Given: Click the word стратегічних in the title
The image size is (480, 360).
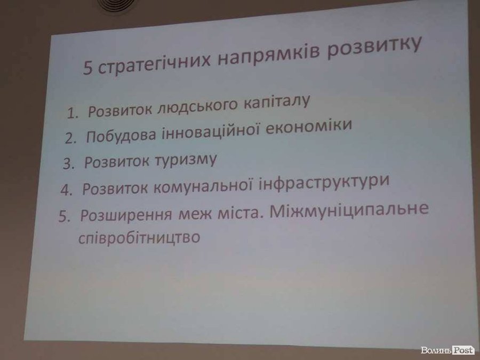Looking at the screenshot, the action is point(155,62).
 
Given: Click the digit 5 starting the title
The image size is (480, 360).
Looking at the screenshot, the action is point(87,68).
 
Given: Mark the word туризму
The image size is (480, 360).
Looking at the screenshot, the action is point(186,160).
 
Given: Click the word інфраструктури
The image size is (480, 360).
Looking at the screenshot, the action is point(324,182).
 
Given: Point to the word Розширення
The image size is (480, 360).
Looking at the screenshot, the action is point(126,215).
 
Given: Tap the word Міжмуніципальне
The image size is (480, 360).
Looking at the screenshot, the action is point(349,210).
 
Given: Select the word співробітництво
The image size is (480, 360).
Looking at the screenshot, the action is point(139,238).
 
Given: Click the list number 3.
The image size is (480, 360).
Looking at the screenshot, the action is point(69,164).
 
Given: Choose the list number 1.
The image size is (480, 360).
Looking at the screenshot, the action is point(72,114).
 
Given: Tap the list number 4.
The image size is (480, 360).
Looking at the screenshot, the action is point(66,190).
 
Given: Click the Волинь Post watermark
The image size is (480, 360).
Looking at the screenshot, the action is point(447,350).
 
